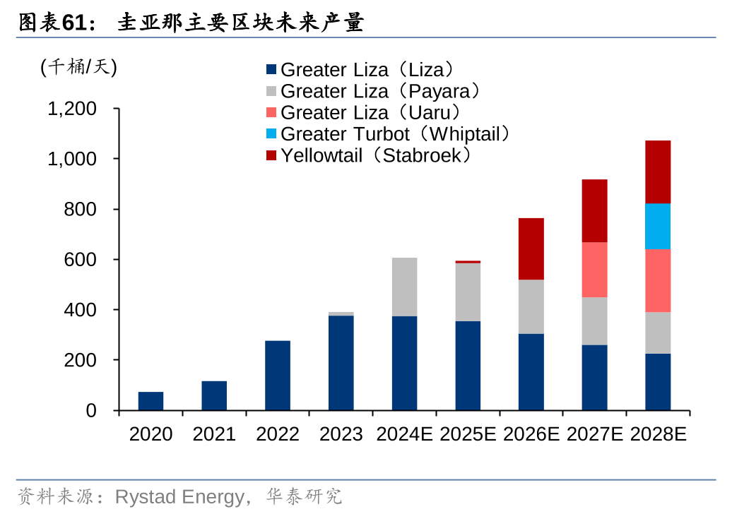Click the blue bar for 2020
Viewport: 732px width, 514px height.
[150, 401]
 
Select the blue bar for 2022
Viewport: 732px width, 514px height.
[278, 376]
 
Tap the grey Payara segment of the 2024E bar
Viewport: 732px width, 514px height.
[404, 287]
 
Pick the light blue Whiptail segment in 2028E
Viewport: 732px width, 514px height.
[658, 227]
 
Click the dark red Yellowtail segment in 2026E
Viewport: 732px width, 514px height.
[531, 249]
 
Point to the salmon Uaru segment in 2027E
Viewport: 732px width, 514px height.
[594, 270]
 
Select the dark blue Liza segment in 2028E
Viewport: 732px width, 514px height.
[658, 382]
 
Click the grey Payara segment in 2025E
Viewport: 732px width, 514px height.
[468, 292]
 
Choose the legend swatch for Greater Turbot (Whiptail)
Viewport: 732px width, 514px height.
[271, 134]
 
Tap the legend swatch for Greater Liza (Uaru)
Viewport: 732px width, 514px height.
[271, 113]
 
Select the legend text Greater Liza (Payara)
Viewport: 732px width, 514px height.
[381, 91]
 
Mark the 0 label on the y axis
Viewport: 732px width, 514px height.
[91, 411]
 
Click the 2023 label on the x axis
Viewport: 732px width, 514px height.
[341, 434]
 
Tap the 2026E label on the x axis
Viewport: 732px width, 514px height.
[531, 434]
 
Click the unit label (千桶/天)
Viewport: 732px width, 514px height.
[78, 67]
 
